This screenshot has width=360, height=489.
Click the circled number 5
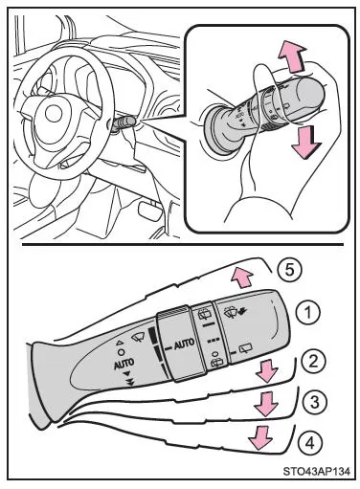pyautogui.click(x=289, y=271)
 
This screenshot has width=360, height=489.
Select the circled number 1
pyautogui.click(x=308, y=313)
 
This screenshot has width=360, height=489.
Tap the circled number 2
pyautogui.click(x=313, y=362)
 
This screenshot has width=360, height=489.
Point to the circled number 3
pyautogui.click(x=315, y=402)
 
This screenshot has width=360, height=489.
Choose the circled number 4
pyautogui.click(x=310, y=443)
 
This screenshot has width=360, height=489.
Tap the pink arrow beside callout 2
pyautogui.click(x=267, y=370)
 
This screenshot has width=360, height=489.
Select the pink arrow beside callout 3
pyautogui.click(x=265, y=404)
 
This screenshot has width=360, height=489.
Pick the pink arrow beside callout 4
pyautogui.click(x=260, y=438)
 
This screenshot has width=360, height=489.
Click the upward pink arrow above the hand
pyautogui.click(x=292, y=58)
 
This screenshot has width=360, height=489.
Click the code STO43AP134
pyautogui.click(x=316, y=471)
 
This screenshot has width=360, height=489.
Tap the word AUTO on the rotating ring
pyautogui.click(x=184, y=345)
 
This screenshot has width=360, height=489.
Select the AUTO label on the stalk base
pyautogui.click(x=124, y=364)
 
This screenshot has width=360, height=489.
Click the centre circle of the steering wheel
pyautogui.click(x=54, y=114)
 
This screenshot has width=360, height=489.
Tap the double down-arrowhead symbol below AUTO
pyautogui.click(x=129, y=383)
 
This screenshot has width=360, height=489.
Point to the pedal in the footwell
pyautogui.click(x=149, y=211)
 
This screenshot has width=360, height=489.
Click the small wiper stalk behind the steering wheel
pyautogui.click(x=124, y=123)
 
